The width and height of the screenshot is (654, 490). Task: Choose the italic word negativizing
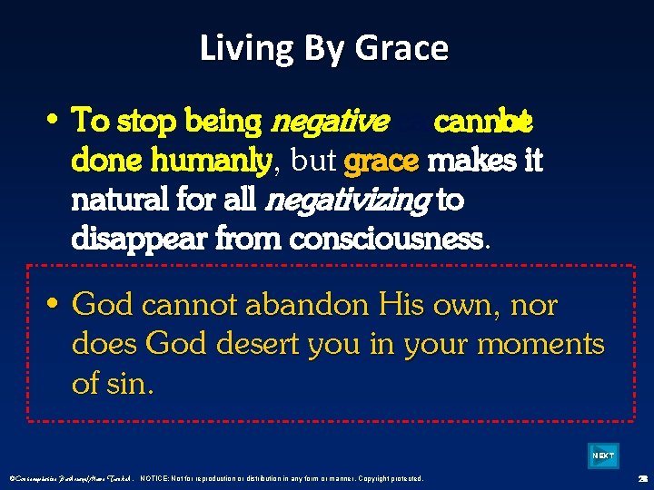[349, 201]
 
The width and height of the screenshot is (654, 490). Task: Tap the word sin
[131, 384]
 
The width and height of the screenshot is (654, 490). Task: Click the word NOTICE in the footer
[159, 478]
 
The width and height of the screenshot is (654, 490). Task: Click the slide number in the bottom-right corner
[641, 478]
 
